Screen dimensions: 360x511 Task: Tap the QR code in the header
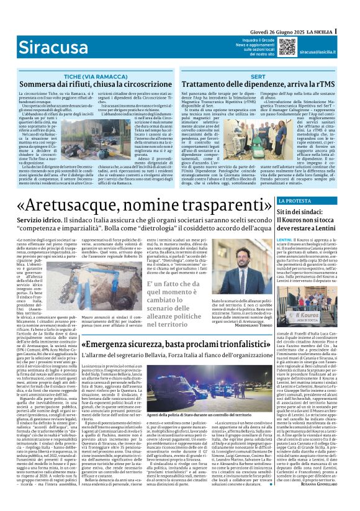point(287,47)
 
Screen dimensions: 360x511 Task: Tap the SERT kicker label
point(257,75)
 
